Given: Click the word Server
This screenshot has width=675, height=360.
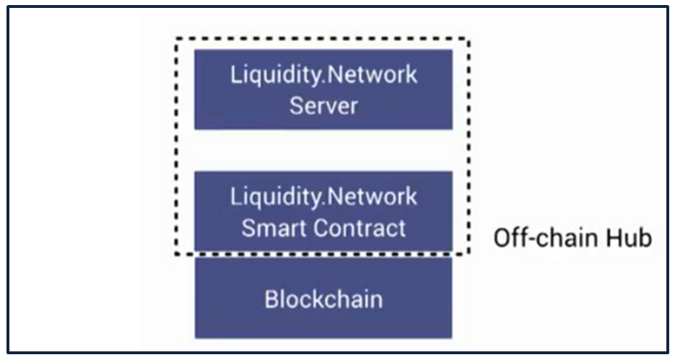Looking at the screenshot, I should tap(323, 106).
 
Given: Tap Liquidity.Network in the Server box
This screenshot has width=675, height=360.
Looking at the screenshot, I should tap(323, 74).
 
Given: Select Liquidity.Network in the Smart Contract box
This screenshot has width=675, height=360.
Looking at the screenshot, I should tap(323, 196).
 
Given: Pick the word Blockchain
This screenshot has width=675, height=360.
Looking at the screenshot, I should tap(323, 299).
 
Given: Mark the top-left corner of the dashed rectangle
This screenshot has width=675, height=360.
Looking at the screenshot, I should tap(176, 40).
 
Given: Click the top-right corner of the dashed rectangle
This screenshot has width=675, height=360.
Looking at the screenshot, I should tap(470, 40).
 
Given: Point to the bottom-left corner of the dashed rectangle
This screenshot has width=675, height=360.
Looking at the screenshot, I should tap(176, 254).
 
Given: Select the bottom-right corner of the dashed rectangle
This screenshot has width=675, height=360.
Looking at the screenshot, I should tap(470, 254).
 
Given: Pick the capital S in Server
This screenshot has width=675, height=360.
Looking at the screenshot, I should tap(296, 106).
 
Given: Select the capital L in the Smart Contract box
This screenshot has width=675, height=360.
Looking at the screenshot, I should tap(235, 196).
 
